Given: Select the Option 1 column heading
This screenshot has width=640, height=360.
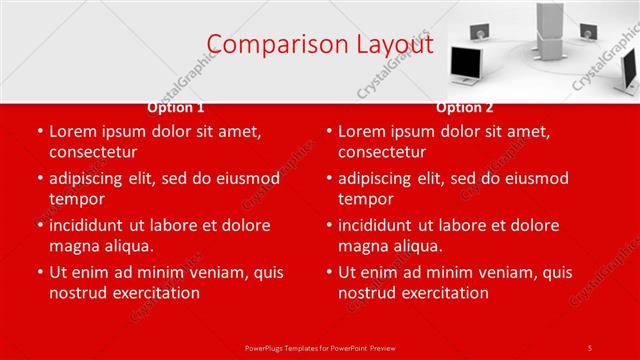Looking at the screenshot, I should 176,107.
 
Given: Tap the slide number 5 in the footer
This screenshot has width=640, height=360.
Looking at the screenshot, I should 590,348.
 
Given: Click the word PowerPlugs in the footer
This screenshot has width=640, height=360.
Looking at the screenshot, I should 265,348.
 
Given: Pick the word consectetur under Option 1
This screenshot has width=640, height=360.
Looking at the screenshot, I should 93,152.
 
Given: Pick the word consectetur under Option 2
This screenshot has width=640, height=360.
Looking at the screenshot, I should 382,152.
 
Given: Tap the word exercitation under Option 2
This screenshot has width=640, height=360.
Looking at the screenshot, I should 442,293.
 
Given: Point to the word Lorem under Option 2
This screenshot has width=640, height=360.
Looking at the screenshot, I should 363,131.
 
